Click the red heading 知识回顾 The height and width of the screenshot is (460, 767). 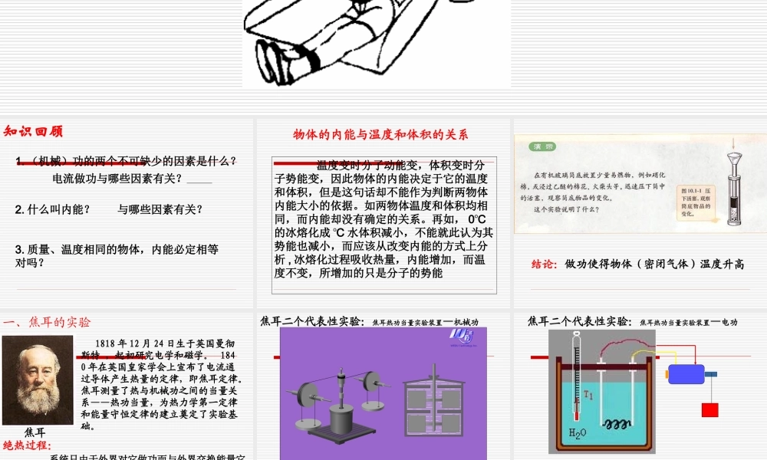pos(33,131)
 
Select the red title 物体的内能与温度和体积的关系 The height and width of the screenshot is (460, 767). pos(380,135)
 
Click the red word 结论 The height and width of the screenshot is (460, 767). pos(544,264)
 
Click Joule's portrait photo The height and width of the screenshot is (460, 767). pos(38,380)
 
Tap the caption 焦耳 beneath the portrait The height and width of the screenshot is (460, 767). pos(35,432)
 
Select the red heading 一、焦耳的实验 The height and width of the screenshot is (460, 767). pos(47,322)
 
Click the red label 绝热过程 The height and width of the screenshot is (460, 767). pos(27,445)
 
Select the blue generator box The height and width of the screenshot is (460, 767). pos(685,373)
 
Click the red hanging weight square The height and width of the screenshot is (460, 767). pos(709,409)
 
